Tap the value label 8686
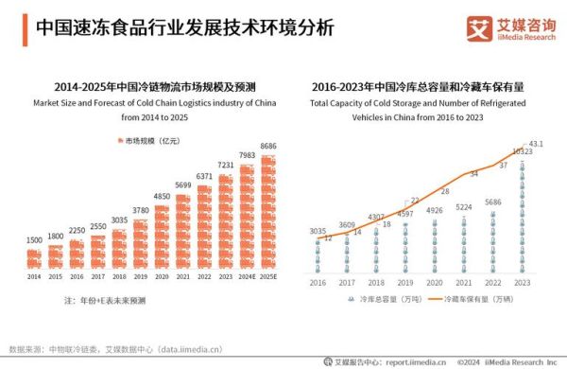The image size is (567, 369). [x=268, y=147]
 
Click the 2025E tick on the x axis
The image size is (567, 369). [x=268, y=276]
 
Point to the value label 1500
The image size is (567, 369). [x=33, y=240]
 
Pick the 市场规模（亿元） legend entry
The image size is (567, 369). [x=151, y=141]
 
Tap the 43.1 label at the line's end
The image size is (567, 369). [x=536, y=144]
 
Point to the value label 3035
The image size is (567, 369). [x=318, y=231]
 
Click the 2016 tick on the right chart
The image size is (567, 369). [x=318, y=282]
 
